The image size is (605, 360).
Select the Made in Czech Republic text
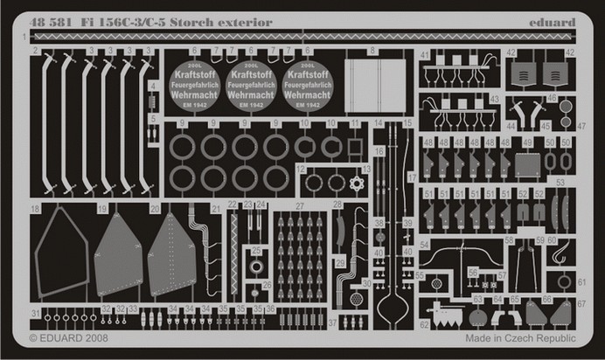pyautogui.click(x=520, y=337)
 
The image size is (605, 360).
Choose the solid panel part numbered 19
pyautogui.click(x=118, y=255)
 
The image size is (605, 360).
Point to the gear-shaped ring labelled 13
pyautogui.click(x=356, y=184)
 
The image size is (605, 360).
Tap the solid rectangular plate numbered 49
pyautogui.click(x=527, y=163)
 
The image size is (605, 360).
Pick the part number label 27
pyautogui.click(x=298, y=206)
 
